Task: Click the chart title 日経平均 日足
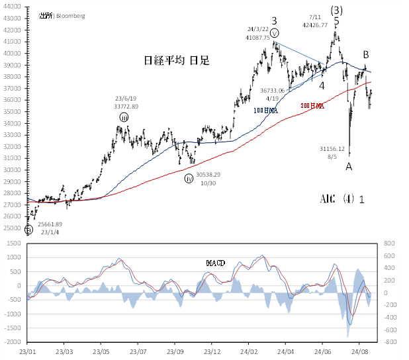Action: tap(177, 61)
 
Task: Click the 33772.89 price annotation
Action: tap(125, 106)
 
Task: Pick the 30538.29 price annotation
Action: tap(206, 174)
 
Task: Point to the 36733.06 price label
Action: tap(273, 90)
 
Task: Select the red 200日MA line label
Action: tap(312, 105)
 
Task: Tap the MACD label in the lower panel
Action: tap(215, 263)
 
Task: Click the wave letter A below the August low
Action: tap(349, 167)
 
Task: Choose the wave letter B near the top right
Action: tap(365, 54)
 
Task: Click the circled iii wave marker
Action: tap(124, 117)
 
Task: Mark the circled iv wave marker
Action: tap(189, 177)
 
